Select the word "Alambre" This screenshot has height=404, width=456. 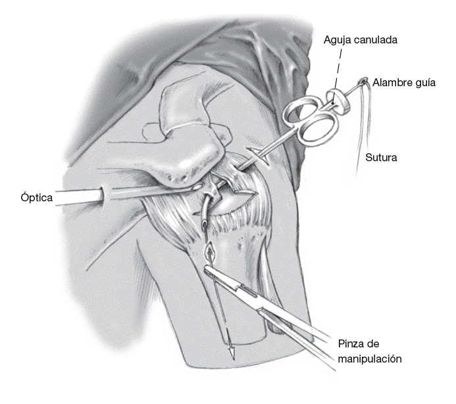(392, 83)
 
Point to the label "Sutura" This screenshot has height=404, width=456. (382, 158)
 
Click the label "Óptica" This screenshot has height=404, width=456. (36, 196)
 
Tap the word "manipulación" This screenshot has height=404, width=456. (369, 359)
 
